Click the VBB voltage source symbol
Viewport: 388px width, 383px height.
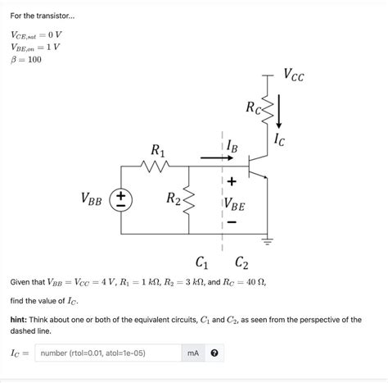[120, 199]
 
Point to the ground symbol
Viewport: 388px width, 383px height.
[265, 241]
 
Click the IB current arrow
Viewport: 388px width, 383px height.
[214, 157]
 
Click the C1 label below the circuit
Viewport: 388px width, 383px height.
[201, 263]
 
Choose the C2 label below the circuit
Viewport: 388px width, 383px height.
[242, 263]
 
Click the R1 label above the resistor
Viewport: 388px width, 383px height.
[158, 150]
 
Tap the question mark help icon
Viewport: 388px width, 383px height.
[214, 353]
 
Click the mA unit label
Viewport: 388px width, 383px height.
[193, 353]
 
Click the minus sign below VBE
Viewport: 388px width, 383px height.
[232, 221]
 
